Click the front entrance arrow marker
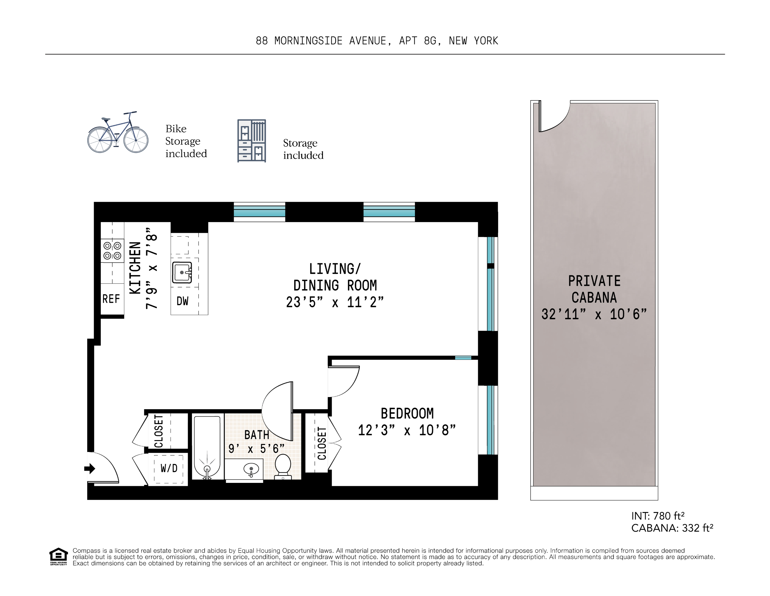coord(90,469)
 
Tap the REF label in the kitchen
coord(111,299)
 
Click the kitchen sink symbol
coord(182,272)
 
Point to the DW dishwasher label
coord(182,301)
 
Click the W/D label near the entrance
coord(169,468)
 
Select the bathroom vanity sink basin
coord(251,469)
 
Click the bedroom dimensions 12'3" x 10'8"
coord(407,430)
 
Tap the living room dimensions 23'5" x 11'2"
coord(335,302)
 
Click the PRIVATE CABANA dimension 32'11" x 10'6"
coord(594,314)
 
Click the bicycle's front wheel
coord(136,140)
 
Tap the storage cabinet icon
coord(251,141)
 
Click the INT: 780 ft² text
coord(657,516)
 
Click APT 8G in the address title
coord(419,41)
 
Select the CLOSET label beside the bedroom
coord(322,443)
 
